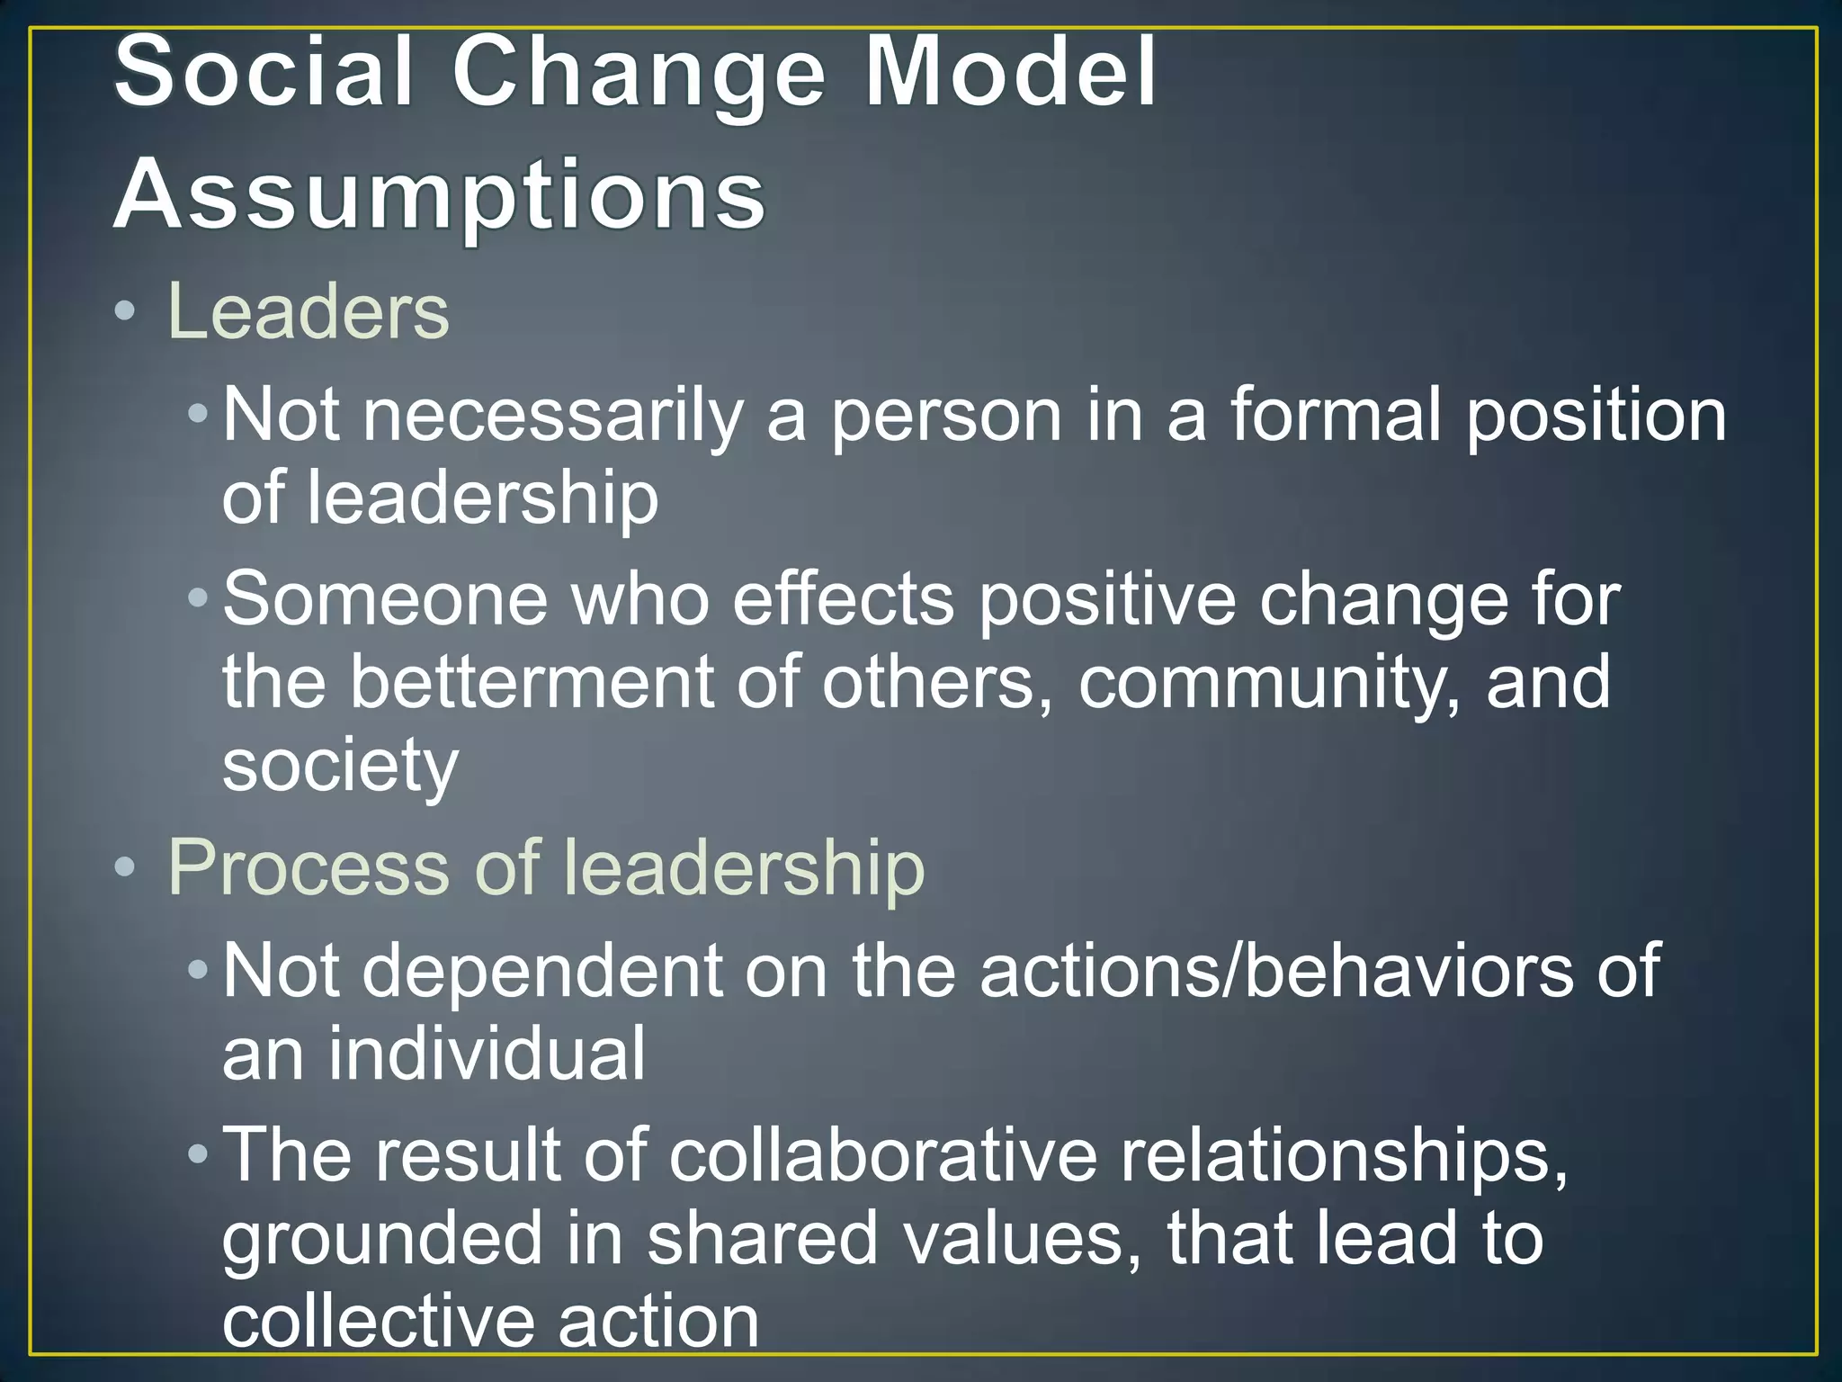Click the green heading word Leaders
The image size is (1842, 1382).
308,311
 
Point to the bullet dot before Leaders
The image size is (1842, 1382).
125,312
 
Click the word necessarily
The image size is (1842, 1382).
553,416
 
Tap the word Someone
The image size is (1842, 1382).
385,599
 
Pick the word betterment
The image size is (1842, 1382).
531,682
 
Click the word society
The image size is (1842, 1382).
340,767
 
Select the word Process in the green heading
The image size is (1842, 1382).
308,867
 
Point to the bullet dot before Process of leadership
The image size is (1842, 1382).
125,867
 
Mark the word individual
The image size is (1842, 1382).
487,1053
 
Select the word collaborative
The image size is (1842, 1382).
883,1155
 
